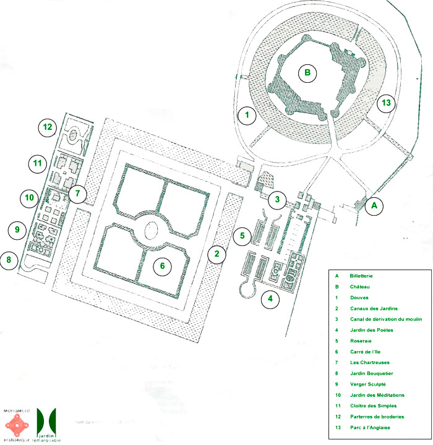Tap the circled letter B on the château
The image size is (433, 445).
point(306,73)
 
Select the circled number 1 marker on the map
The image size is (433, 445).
point(246,115)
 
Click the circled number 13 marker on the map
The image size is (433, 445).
point(387,103)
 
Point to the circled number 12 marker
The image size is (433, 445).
point(46,127)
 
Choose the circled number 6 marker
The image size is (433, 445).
point(162,266)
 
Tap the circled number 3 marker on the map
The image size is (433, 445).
point(278,199)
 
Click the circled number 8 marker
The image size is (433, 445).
point(9,260)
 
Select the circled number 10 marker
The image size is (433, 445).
point(28,198)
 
